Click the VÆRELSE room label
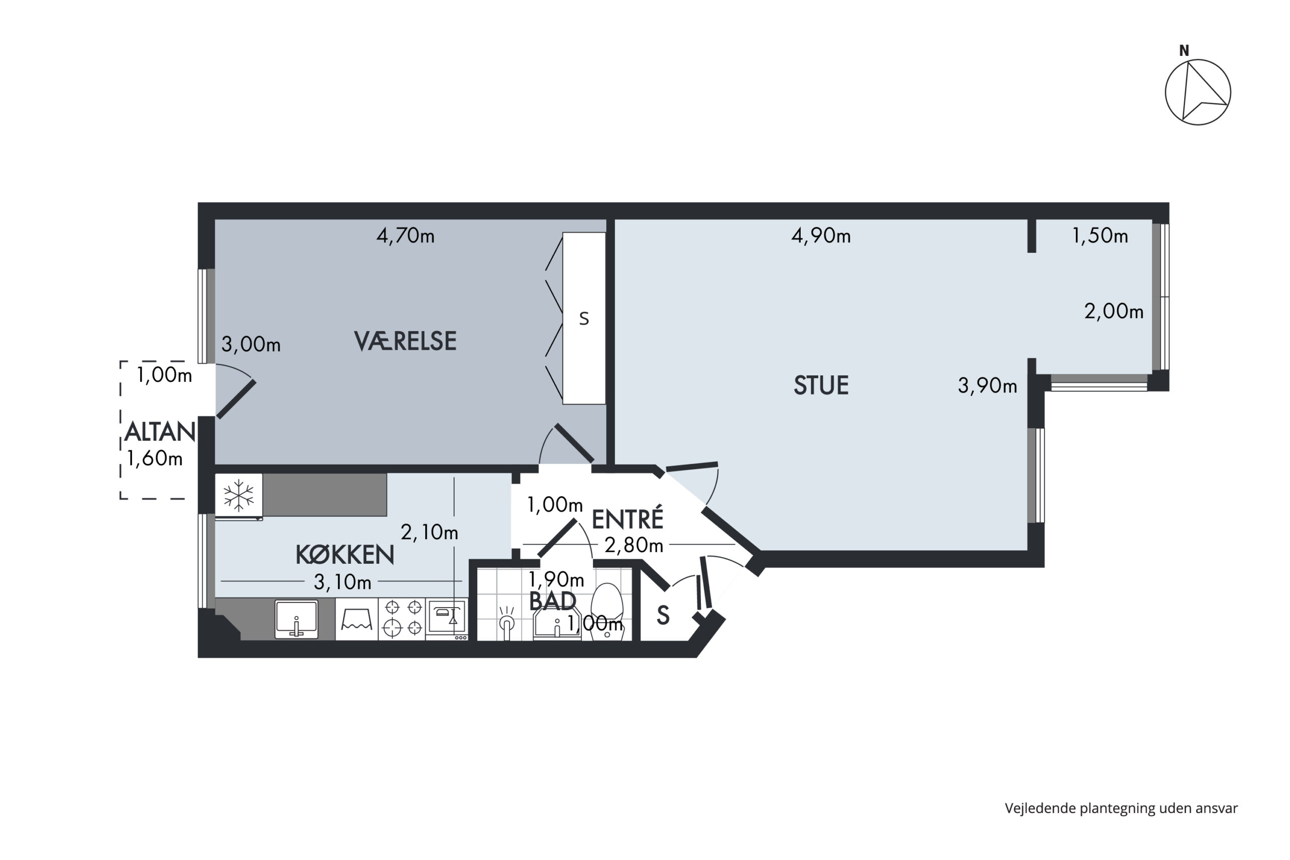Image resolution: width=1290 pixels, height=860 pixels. click(405, 341)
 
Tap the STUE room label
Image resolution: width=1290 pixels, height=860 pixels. click(821, 385)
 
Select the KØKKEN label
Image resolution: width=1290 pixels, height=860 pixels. click(345, 555)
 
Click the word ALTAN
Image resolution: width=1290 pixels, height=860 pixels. click(160, 432)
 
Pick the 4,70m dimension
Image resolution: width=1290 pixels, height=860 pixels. click(405, 236)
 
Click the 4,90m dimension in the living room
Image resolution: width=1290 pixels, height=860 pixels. click(821, 236)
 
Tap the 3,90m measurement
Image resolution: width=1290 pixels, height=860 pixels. click(987, 386)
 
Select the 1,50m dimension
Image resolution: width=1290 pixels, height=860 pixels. click(1100, 236)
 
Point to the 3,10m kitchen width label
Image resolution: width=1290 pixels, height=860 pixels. click(342, 582)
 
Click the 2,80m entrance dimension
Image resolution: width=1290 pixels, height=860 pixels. click(633, 545)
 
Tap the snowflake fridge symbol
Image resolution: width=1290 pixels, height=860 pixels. click(238, 495)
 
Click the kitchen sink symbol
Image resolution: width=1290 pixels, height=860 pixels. click(296, 619)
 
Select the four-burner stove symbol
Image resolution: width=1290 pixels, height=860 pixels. click(403, 618)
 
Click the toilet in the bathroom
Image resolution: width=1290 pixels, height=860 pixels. click(607, 611)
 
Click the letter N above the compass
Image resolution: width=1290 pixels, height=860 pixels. click(1184, 51)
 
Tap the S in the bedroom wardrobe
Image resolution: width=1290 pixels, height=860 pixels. click(584, 319)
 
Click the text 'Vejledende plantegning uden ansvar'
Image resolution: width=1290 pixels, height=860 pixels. click(1121, 808)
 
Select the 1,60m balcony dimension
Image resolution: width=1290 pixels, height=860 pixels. click(155, 458)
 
